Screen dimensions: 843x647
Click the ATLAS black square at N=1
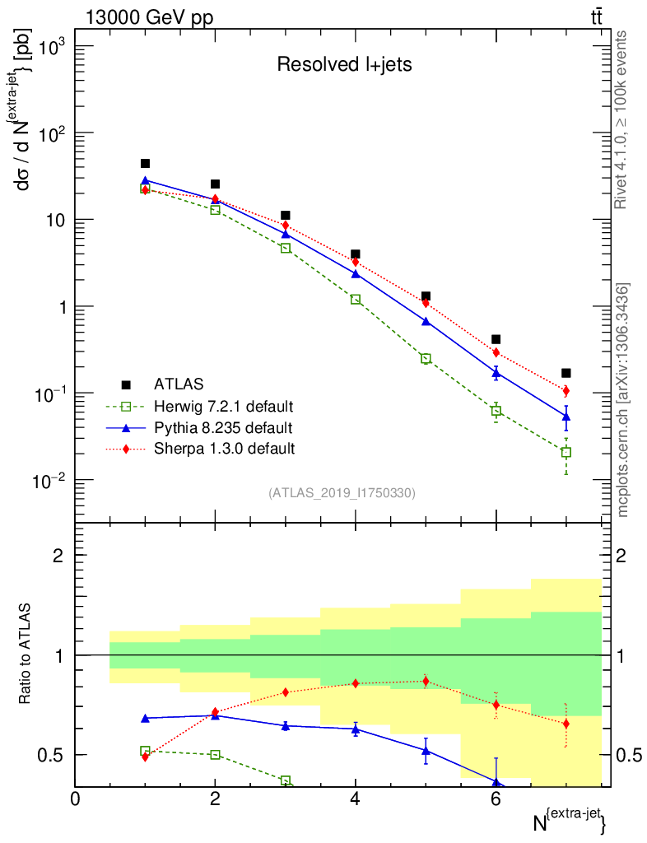(145, 163)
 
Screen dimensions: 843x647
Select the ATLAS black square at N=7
(566, 373)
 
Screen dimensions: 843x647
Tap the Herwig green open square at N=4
(356, 299)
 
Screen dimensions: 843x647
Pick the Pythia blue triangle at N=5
(426, 321)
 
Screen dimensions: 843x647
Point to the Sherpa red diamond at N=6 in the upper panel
(496, 352)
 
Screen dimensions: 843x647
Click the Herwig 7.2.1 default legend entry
(223, 407)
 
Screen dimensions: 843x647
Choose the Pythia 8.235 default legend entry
(222, 428)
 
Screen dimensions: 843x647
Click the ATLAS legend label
(178, 384)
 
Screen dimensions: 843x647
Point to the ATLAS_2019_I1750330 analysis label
(342, 493)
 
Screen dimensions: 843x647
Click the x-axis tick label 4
(356, 799)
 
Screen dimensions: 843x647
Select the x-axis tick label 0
(76, 799)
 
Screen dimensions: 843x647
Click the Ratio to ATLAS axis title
(25, 654)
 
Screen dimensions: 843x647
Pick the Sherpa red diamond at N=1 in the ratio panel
(145, 757)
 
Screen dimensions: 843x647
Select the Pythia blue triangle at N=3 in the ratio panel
(286, 725)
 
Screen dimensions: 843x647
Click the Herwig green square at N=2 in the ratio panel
(216, 754)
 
